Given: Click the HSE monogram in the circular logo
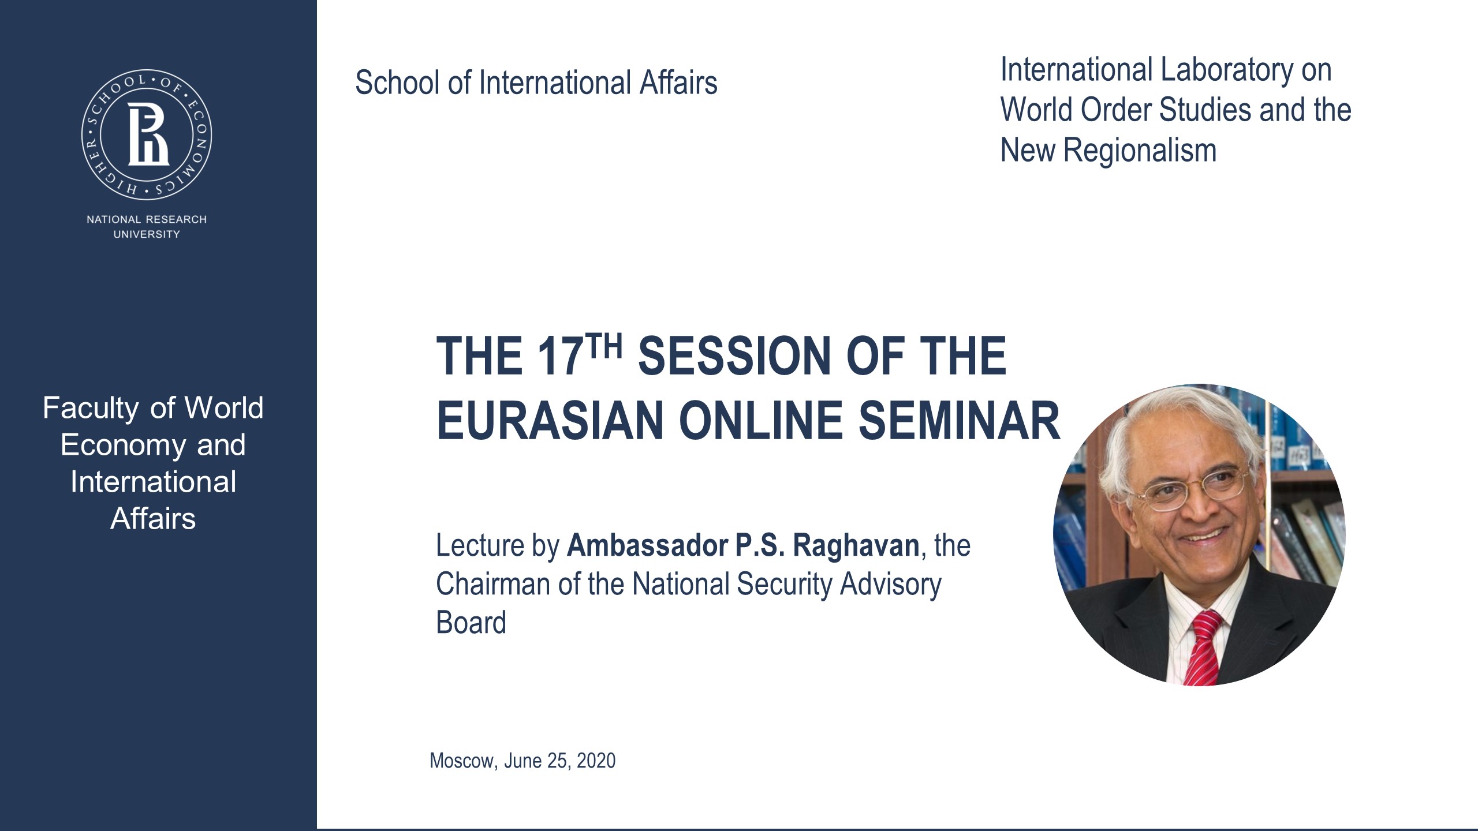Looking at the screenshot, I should tap(147, 135).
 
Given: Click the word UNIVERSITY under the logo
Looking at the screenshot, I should tap(147, 234).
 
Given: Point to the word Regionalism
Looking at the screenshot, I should tap(1140, 151).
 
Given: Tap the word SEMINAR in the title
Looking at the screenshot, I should tap(959, 421).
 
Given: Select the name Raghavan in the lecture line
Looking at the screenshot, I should tap(856, 545).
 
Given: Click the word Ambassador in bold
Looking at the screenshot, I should tap(647, 545).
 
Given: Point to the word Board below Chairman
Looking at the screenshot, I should tap(471, 623).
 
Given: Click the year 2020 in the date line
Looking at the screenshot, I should tap(596, 761).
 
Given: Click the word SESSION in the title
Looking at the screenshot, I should tap(735, 356).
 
